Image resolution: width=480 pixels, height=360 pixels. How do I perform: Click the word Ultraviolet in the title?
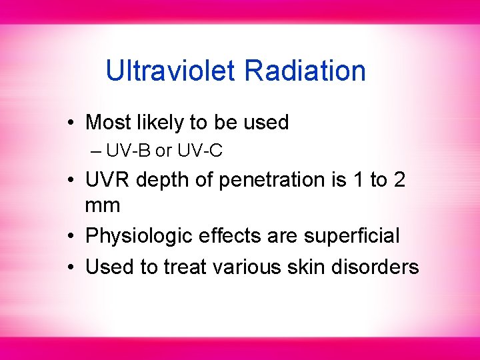point(171,71)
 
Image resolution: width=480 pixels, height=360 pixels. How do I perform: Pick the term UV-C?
point(199,151)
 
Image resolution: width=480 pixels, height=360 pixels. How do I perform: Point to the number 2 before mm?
point(399,180)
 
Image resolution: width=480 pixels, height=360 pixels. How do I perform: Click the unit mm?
point(103,205)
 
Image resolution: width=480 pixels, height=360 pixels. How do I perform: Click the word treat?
point(186,267)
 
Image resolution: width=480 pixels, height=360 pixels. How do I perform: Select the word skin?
point(312,267)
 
